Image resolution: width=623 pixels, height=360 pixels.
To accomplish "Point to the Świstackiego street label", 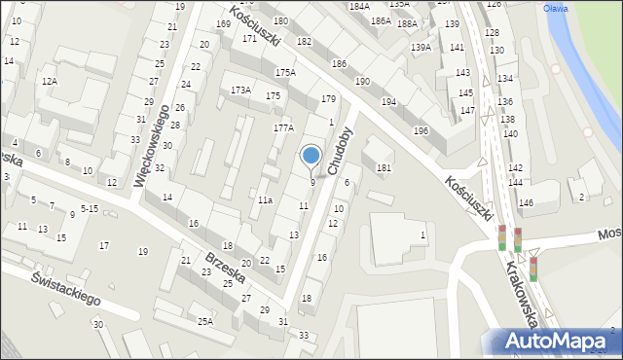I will pyautogui.click(x=66, y=288).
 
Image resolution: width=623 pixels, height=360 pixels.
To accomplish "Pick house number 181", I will pyautogui.click(x=384, y=168).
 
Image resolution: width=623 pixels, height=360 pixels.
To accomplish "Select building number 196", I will pyautogui.click(x=421, y=131).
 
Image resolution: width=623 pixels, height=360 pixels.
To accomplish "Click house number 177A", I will pyautogui.click(x=283, y=128).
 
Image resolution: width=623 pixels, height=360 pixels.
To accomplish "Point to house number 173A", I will pyautogui.click(x=240, y=90).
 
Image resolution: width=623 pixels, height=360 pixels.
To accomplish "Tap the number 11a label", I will pyautogui.click(x=265, y=199).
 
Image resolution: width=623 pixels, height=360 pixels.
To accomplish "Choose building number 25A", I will pyautogui.click(x=205, y=321).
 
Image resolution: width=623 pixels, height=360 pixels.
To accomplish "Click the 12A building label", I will pyautogui.click(x=49, y=82).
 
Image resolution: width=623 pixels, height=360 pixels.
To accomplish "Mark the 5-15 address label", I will pyautogui.click(x=90, y=208).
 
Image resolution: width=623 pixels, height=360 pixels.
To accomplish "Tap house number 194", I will pyautogui.click(x=388, y=102).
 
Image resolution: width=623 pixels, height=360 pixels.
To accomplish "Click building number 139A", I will pyautogui.click(x=421, y=47).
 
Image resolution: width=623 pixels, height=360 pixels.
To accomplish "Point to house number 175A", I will pyautogui.click(x=284, y=73).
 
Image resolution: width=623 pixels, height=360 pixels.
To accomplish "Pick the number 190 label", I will pyautogui.click(x=362, y=82).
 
